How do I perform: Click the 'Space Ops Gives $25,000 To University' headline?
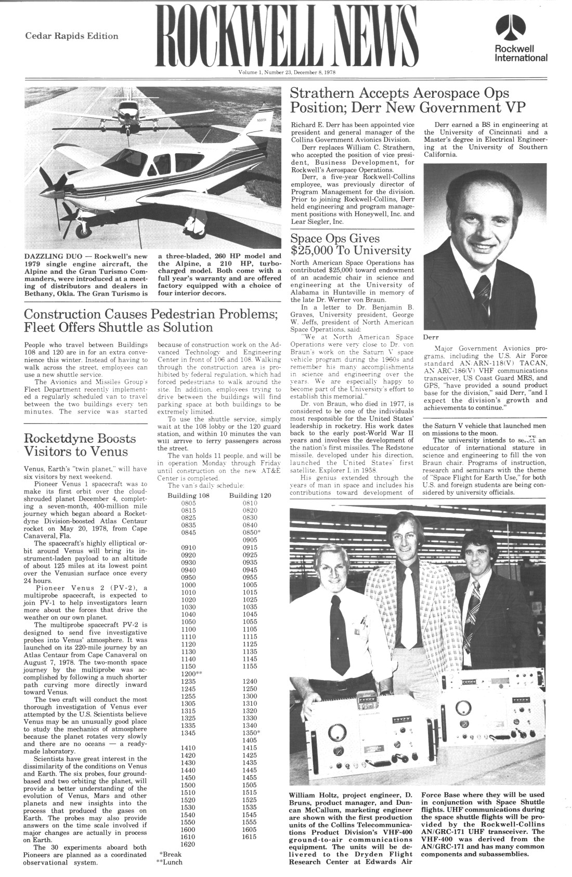click(350, 245)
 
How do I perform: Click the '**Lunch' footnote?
click(169, 862)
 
